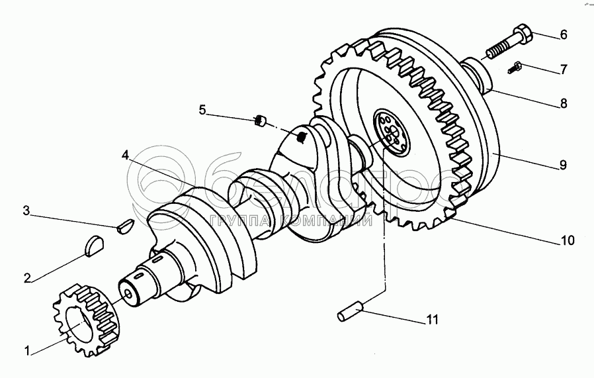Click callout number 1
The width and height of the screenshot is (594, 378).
pyautogui.click(x=28, y=352)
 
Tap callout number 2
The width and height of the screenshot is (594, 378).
pyautogui.click(x=28, y=278)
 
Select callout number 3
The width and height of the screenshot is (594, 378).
pyautogui.click(x=26, y=211)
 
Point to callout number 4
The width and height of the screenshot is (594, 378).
pyautogui.click(x=125, y=156)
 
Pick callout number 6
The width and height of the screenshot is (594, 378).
pyautogui.click(x=564, y=34)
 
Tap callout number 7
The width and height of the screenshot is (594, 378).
pyautogui.click(x=564, y=68)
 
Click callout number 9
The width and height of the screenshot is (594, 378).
pyautogui.click(x=563, y=165)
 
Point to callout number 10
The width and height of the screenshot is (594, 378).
pyautogui.click(x=567, y=240)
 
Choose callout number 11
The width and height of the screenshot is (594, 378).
pyautogui.click(x=431, y=320)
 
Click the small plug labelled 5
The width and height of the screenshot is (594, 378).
pyautogui.click(x=261, y=120)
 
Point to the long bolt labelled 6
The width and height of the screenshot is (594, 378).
pyautogui.click(x=509, y=41)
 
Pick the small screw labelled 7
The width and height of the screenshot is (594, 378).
pyautogui.click(x=517, y=66)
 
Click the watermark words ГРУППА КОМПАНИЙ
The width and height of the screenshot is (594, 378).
pyautogui.click(x=287, y=222)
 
